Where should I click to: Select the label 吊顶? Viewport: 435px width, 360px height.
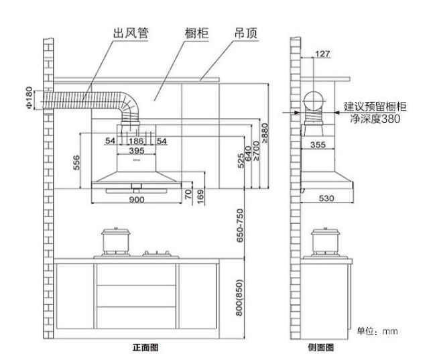[246, 33]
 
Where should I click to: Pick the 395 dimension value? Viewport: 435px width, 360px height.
[136, 151]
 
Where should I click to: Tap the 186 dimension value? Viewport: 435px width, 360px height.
[136, 141]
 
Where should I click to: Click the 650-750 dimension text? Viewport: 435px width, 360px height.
[239, 225]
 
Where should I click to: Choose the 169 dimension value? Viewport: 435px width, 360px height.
[200, 196]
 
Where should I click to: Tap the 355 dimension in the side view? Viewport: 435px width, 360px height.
[319, 145]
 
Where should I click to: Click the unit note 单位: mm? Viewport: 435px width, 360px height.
[377, 331]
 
